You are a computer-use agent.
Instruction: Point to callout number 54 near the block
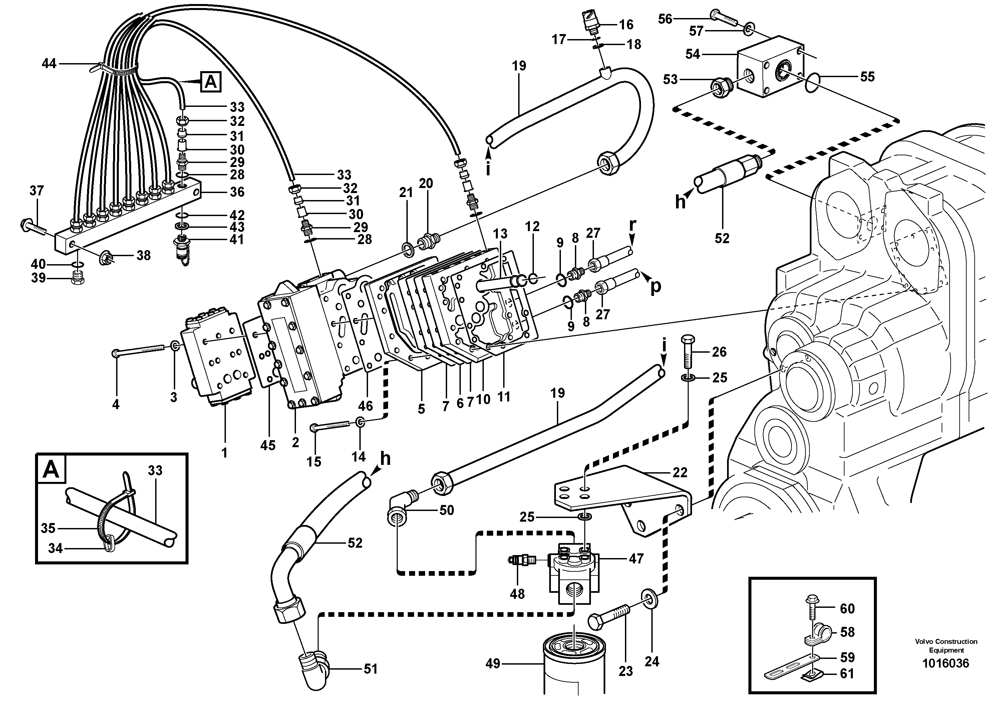[x=693, y=54]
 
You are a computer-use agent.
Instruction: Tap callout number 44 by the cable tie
[x=49, y=64]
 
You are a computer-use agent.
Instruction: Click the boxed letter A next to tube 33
[x=211, y=82]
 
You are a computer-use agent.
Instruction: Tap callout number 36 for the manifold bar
[x=237, y=192]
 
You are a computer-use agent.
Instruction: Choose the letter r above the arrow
[x=632, y=225]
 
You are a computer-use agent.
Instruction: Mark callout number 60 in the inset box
[x=847, y=608]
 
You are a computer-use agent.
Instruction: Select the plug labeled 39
[x=78, y=279]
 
